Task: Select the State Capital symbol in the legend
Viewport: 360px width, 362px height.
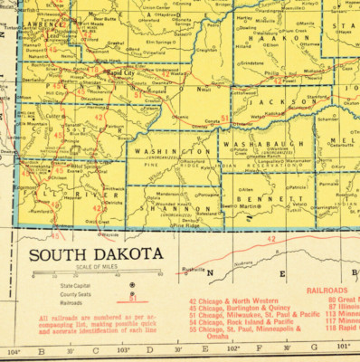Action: click(x=133, y=284)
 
